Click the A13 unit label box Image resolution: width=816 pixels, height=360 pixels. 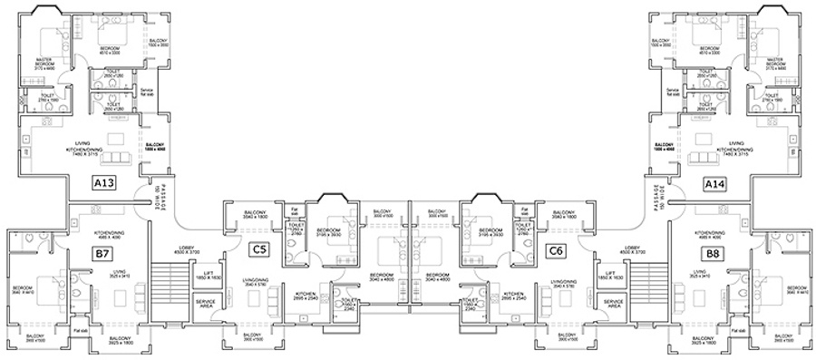(104, 184)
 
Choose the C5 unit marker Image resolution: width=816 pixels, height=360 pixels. (260, 249)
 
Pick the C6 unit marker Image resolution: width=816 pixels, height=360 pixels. (554, 249)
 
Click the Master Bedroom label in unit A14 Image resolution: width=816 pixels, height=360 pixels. (775, 62)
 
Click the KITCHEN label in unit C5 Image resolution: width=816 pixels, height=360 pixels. (305, 295)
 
